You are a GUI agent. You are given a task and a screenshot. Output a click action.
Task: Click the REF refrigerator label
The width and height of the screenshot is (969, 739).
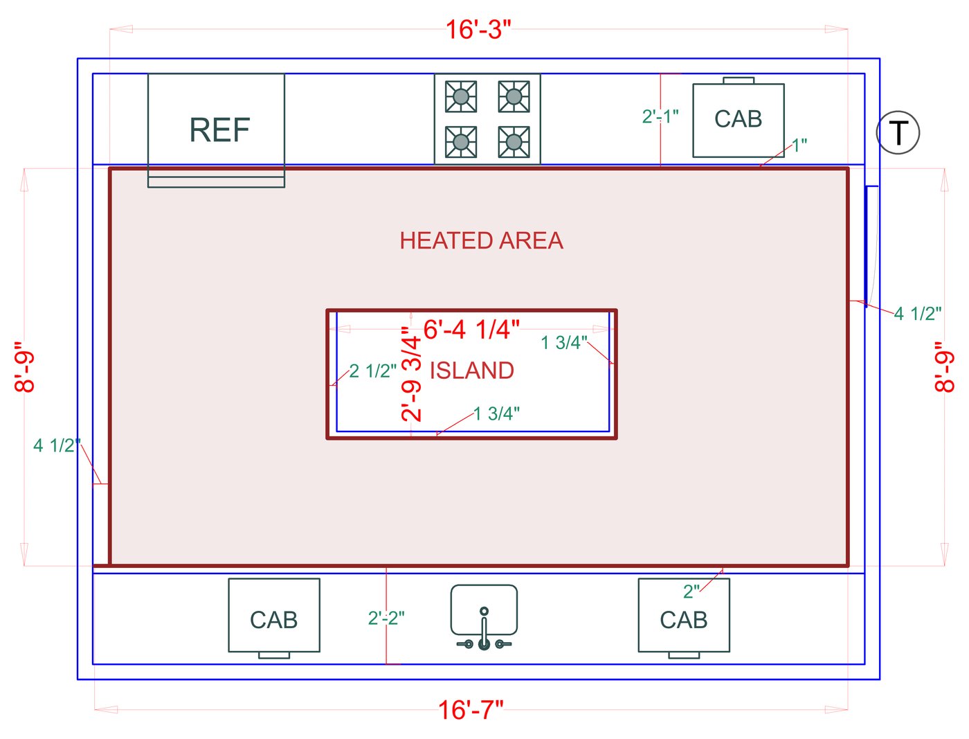coord(219,130)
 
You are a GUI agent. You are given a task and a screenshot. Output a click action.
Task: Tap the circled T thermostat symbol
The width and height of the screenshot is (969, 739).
coord(898,132)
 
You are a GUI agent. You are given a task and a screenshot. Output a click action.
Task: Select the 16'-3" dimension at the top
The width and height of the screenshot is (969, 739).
coord(478,30)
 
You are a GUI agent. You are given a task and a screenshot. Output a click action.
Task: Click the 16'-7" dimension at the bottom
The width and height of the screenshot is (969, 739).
coord(471,710)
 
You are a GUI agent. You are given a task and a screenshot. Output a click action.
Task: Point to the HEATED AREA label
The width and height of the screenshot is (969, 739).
coord(481,241)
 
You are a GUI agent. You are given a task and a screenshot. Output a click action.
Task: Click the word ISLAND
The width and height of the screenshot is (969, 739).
coord(471,370)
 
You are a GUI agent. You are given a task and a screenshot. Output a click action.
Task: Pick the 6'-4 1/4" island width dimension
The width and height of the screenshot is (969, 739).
coord(471,330)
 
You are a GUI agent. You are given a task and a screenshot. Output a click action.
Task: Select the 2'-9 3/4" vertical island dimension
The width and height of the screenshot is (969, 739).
coord(411,374)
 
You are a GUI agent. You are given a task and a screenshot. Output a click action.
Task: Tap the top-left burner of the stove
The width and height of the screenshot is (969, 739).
coord(460,96)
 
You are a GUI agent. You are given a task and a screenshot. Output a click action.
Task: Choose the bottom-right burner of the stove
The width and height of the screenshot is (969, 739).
coord(514,142)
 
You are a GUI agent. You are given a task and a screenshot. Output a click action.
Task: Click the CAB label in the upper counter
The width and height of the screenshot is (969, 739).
coord(738,119)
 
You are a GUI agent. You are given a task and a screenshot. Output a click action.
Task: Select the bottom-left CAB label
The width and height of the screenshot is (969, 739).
coord(273,620)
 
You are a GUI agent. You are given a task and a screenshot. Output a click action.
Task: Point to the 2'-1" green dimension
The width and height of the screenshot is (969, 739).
coord(660,116)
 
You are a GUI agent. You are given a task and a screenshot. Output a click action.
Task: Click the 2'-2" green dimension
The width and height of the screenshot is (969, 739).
coord(386,618)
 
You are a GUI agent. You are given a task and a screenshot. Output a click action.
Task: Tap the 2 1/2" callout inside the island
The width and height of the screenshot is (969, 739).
coord(372,371)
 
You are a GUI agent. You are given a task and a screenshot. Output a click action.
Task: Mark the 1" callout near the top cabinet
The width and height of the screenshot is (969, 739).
coord(799,145)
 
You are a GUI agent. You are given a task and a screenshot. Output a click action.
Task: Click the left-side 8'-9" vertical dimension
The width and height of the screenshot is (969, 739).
coord(24,367)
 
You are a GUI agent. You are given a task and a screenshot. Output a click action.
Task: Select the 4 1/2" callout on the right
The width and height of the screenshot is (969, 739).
coord(917,314)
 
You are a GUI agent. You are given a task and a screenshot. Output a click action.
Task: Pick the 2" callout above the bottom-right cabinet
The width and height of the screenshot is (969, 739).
coord(691,591)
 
